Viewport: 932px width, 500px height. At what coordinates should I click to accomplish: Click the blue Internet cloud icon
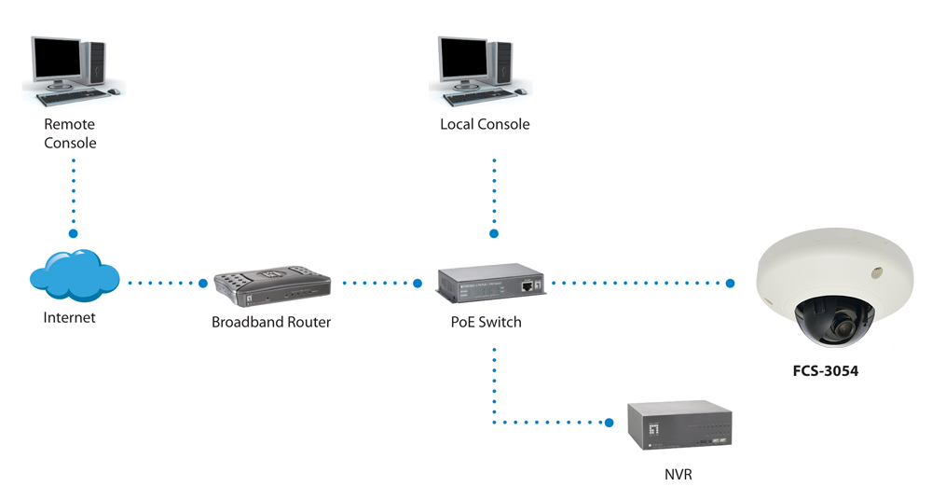75,276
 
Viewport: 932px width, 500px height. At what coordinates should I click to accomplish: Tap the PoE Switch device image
490,284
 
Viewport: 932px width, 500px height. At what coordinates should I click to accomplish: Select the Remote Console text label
70,133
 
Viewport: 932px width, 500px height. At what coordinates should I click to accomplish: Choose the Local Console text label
485,124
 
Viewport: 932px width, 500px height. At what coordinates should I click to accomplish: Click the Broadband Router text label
271,323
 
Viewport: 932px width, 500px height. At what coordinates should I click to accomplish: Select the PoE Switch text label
486,323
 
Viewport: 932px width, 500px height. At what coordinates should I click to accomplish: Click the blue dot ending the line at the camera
731,282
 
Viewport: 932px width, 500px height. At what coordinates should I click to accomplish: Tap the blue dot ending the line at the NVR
610,423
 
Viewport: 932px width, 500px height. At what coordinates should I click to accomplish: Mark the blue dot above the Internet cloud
74,233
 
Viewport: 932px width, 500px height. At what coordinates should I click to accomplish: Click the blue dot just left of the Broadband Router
203,282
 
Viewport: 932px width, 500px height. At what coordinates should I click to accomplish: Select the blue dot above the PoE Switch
494,233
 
